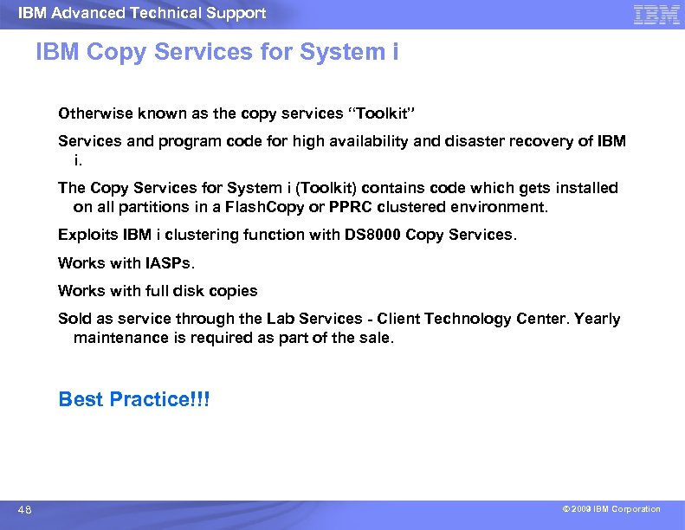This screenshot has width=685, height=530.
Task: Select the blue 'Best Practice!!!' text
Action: click(133, 399)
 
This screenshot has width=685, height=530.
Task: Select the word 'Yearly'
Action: click(597, 319)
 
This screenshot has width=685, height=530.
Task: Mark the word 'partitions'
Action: click(151, 207)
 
